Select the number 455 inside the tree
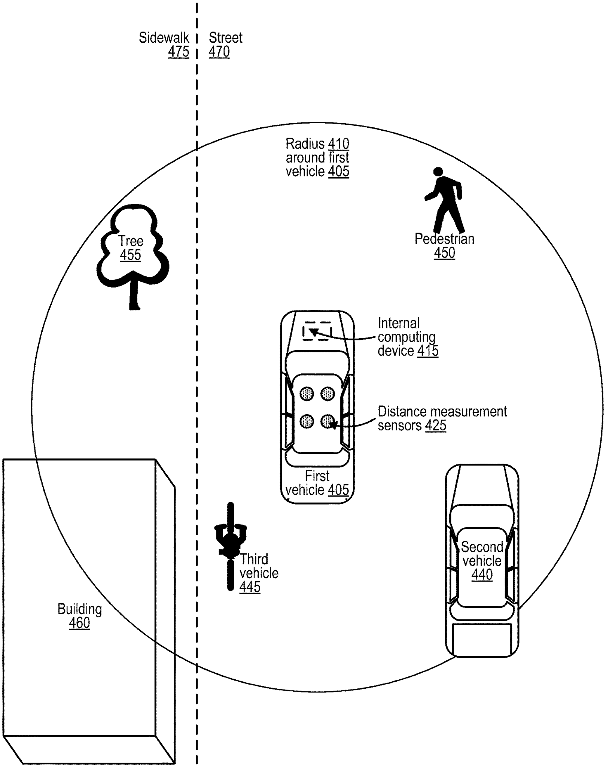[130, 255]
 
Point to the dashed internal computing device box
[317, 331]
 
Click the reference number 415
[428, 351]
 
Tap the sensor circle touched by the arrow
[328, 421]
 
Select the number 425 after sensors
[435, 425]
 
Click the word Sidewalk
[164, 38]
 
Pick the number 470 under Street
[219, 52]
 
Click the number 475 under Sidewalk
[179, 52]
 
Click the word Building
[79, 609]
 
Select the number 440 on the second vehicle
[482, 574]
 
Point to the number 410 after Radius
[338, 144]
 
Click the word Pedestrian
[444, 239]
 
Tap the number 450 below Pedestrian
[444, 253]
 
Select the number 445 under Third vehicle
[250, 587]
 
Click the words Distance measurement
[442, 412]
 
